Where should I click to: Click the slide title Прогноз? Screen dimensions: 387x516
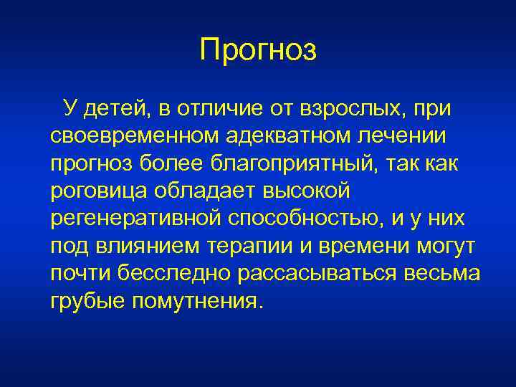click(258, 50)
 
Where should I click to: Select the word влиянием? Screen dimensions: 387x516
click(143, 247)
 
